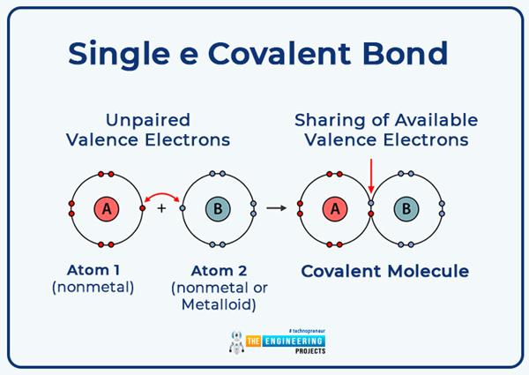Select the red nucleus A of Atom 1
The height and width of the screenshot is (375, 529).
(107, 209)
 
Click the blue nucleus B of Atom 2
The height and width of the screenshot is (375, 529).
(217, 209)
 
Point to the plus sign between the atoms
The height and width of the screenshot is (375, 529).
(161, 209)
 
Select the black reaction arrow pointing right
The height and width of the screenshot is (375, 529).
(277, 208)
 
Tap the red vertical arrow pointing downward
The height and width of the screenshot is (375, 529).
(371, 176)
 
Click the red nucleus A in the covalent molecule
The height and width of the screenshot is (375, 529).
(333, 209)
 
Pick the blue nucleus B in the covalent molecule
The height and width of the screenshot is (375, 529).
(406, 209)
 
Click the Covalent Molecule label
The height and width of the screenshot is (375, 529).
(384, 271)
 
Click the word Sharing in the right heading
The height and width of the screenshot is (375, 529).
(327, 120)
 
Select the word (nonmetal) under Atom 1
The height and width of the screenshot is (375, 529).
(95, 287)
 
